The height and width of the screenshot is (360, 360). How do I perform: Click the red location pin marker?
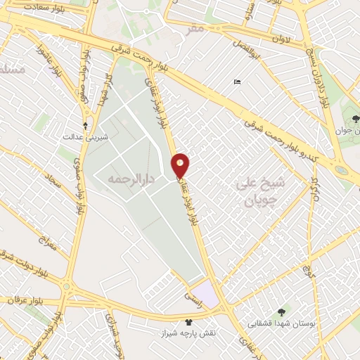click(x=181, y=165)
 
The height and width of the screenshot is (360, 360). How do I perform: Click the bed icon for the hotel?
click(x=238, y=82)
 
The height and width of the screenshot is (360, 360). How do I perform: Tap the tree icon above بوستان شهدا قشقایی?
click(x=281, y=311)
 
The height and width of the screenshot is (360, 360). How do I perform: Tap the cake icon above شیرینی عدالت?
click(x=86, y=127)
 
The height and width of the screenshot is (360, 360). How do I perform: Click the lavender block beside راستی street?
click(x=205, y=292)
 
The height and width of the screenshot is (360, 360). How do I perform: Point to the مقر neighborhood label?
click(x=195, y=28)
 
